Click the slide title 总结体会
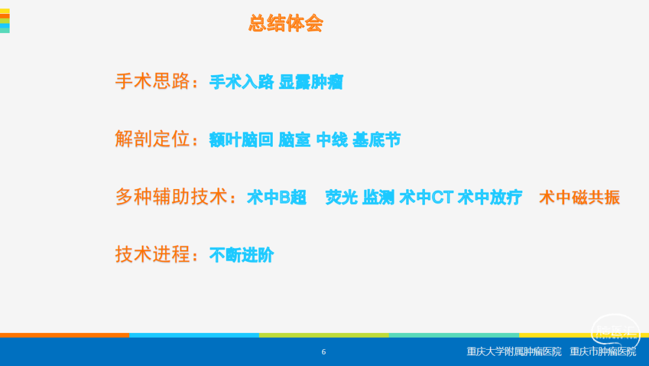tap(285, 23)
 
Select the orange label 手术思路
tap(152, 81)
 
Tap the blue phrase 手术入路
tap(242, 82)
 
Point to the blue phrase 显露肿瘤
tap(311, 82)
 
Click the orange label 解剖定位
tap(152, 139)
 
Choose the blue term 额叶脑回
tap(242, 140)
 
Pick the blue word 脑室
tap(294, 140)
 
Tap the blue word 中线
tap(332, 140)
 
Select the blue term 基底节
tap(377, 140)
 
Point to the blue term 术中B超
tap(276, 197)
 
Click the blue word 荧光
tap(341, 197)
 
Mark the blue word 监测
tap(379, 197)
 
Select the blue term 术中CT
tap(426, 197)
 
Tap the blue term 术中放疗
tap(490, 197)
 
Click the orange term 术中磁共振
tap(579, 197)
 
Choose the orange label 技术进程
tap(152, 254)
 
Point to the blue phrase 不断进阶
tap(242, 255)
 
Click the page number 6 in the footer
tap(324, 352)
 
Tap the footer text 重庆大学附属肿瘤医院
tap(514, 352)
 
